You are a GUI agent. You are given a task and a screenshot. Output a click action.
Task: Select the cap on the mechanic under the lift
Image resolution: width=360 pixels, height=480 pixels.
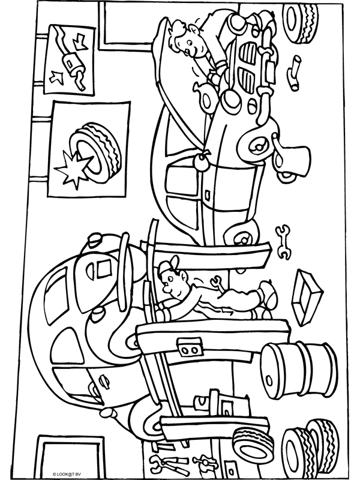[x=169, y=266]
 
